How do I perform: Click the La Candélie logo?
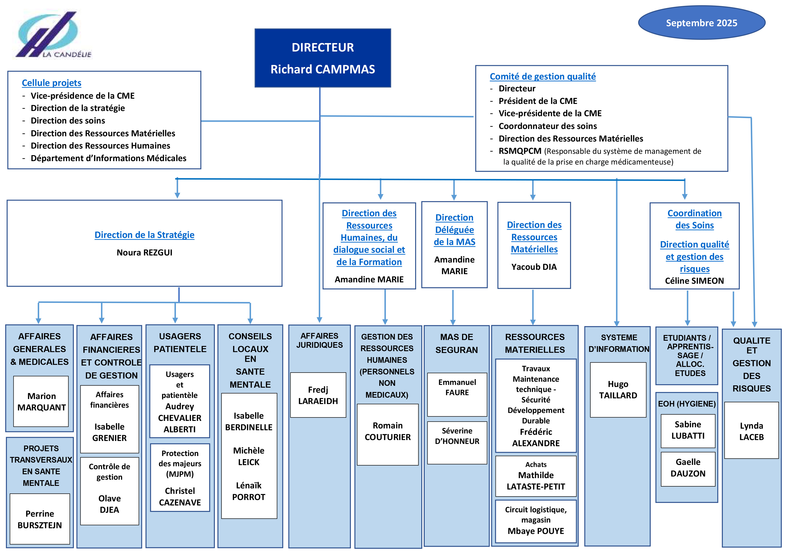pos(51,34)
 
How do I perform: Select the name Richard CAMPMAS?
pos(323,69)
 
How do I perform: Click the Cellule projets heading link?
pos(51,83)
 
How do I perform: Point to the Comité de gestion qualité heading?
pos(542,76)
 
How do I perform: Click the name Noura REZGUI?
pos(144,253)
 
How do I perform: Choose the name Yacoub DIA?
pos(534,267)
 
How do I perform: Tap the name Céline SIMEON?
pos(694,281)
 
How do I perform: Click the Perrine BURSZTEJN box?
pos(40,519)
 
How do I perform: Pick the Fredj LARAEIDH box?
pos(318,395)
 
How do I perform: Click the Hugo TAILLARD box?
pos(618,390)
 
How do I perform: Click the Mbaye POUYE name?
pos(535,531)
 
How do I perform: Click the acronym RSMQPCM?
pos(520,151)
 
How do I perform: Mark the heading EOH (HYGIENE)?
pos(686,404)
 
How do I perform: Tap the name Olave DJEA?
pos(109,504)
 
